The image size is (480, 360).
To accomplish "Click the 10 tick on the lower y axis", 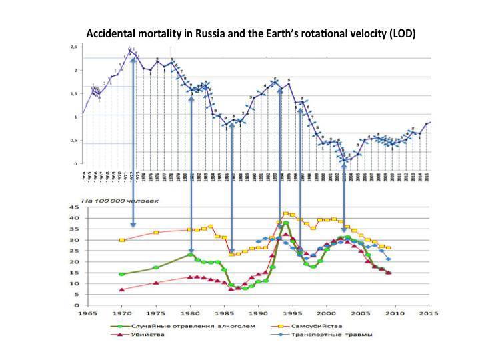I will pos(76,283).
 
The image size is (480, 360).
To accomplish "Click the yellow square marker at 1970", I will pos(121,240).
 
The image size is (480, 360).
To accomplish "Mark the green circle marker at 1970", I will pos(121,274).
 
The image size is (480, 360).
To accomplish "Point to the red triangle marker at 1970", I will pos(121,289).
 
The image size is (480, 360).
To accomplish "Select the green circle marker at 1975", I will pos(156,267).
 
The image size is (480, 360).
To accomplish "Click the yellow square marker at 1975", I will pos(156,233).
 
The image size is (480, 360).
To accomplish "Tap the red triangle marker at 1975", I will pos(156,283).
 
